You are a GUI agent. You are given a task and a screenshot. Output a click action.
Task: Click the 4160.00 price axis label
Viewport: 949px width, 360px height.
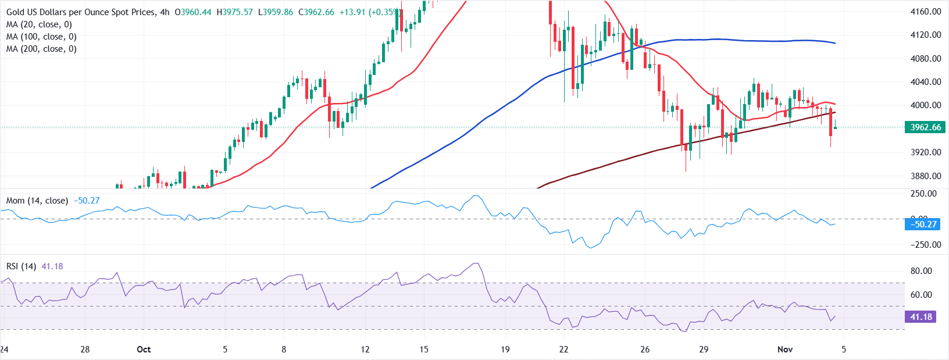point(926,11)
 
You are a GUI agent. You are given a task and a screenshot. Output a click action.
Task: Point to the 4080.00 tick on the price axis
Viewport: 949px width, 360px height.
point(926,58)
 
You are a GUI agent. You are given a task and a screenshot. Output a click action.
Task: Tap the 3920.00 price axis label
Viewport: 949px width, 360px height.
point(926,152)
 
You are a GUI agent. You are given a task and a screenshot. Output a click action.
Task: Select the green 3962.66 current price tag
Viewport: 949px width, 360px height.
point(925,127)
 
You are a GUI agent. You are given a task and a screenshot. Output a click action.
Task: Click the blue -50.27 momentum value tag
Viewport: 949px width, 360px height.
point(923,224)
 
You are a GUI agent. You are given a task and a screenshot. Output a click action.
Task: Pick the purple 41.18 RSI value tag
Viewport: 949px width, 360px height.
point(921,317)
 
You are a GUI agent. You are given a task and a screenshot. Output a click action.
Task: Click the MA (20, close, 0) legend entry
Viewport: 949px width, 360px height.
point(39,24)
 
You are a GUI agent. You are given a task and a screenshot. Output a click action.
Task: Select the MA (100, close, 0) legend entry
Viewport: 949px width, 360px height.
point(41,37)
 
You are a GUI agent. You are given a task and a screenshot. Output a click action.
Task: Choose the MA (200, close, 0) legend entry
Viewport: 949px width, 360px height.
point(41,49)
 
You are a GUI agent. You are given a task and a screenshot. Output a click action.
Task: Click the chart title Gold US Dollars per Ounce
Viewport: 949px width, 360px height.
point(81,12)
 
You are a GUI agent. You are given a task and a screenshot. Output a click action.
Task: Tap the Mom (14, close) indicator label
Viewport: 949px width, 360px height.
point(37,201)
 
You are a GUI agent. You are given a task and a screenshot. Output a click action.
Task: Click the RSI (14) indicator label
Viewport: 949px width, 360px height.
point(21,266)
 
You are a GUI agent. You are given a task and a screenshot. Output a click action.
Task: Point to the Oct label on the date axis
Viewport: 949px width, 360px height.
point(144,350)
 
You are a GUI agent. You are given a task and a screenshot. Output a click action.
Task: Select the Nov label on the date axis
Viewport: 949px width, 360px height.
point(785,350)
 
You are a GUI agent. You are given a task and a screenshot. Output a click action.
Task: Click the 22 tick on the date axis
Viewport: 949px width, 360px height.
point(563,350)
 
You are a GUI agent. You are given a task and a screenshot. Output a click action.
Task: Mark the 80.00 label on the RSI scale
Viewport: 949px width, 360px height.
point(921,271)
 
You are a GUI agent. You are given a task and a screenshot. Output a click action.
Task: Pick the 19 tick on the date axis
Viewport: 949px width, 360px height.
point(505,350)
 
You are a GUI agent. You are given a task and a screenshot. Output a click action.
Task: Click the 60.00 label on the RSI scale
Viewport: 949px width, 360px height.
point(921,295)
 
